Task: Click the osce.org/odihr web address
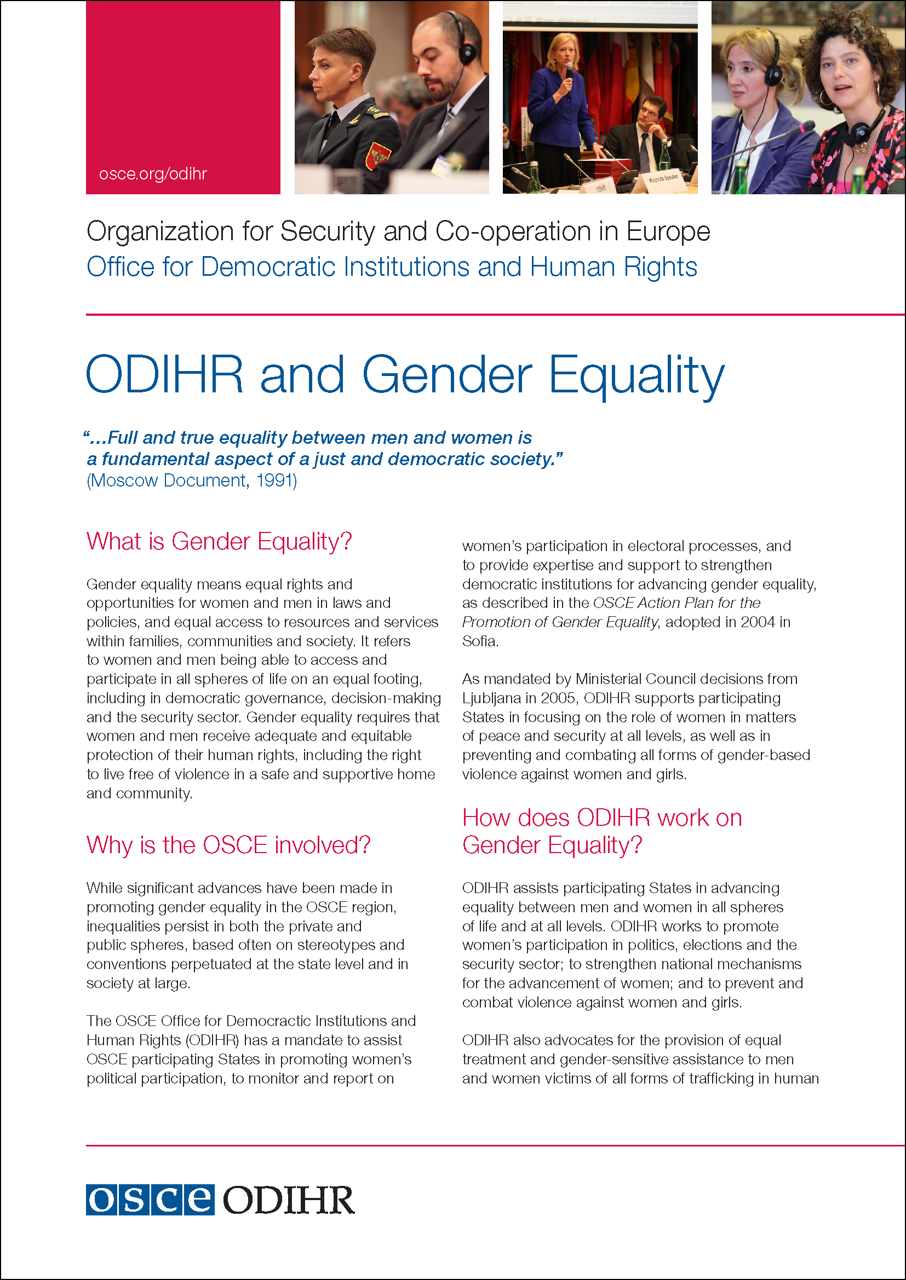pos(153,174)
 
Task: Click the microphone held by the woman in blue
pos(569,72)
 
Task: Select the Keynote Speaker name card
pos(663,179)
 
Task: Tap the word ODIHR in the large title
pos(164,375)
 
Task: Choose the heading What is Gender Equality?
pos(219,541)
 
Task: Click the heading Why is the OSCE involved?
pos(228,845)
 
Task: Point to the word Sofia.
pos(480,641)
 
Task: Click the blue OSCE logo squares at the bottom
pos(150,1200)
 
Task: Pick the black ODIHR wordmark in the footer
pos(289,1200)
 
